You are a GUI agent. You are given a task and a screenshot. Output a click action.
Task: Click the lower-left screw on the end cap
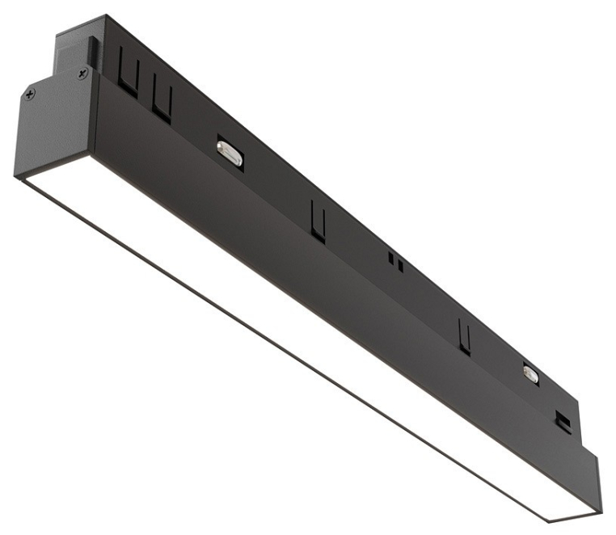(x=30, y=95)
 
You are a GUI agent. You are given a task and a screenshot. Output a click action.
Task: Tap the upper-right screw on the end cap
(x=82, y=74)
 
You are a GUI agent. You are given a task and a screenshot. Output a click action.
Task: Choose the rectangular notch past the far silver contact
(x=560, y=418)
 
